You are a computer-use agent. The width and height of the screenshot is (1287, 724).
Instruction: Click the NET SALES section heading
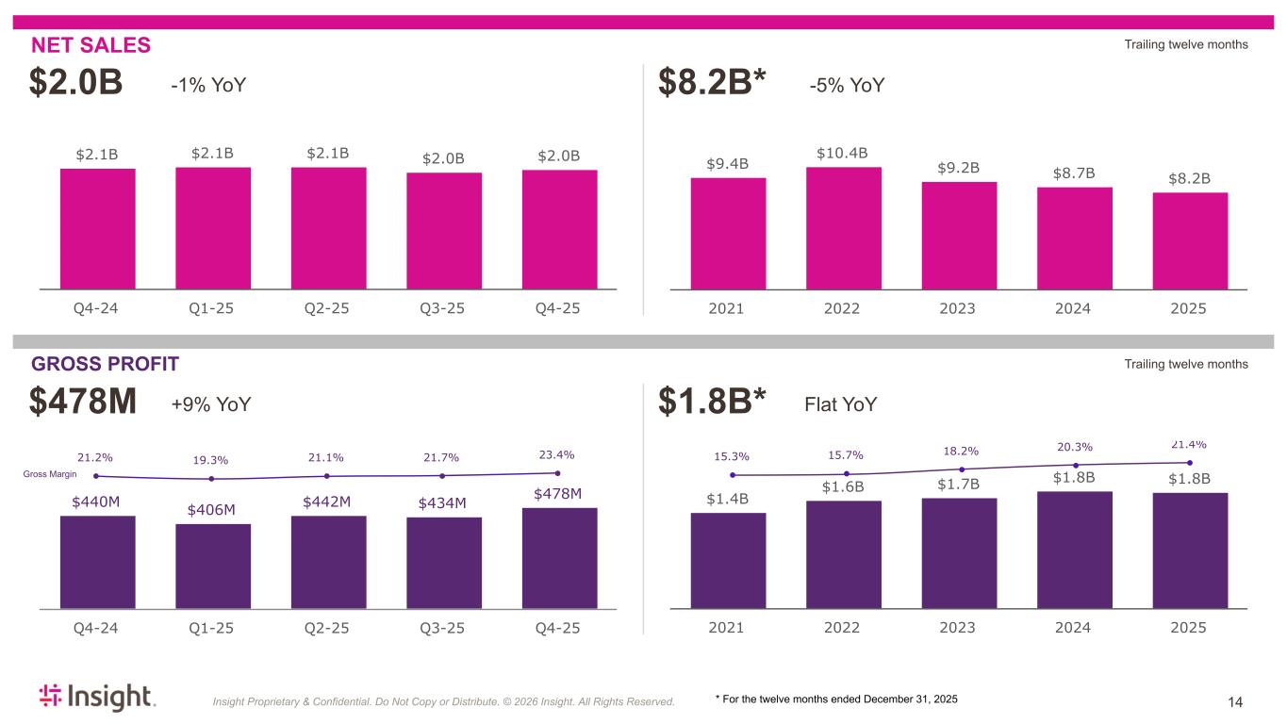pos(91,45)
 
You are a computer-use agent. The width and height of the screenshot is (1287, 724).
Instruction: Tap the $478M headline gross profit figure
pos(83,403)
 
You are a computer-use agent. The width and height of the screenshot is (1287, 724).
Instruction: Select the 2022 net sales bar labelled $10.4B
pos(843,227)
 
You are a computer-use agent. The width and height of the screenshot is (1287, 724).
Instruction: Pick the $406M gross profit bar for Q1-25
pos(213,566)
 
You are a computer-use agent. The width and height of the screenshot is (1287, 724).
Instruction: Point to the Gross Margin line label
pos(50,474)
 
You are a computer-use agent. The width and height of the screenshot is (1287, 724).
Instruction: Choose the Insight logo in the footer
pos(96,698)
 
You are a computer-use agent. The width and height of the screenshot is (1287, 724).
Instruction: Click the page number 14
pos(1235,701)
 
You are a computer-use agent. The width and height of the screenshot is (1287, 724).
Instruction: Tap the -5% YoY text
pos(847,86)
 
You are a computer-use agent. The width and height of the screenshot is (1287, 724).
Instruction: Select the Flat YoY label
pos(840,404)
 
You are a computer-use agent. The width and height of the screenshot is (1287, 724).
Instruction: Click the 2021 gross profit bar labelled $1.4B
pos(728,560)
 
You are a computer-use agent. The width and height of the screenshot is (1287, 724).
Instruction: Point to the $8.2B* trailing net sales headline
pos(714,84)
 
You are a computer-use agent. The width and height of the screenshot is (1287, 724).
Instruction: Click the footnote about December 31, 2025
pos(836,699)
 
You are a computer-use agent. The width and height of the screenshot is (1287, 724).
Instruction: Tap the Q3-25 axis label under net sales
pos(443,308)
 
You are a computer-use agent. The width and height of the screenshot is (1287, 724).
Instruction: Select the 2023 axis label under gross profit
pos(959,627)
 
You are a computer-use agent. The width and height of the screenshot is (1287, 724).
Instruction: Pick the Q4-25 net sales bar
pos(559,229)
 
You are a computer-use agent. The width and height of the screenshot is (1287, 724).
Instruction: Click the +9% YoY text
pos(210,404)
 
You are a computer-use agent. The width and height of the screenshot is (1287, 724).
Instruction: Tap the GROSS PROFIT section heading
pos(105,364)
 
